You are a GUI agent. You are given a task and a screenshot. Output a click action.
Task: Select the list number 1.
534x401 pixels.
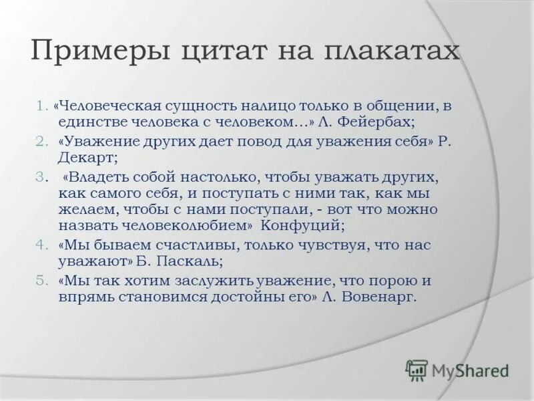tap(41, 106)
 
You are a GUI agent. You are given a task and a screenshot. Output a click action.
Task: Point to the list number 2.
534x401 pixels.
tap(41, 142)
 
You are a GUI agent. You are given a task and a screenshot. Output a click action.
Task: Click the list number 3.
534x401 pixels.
tap(41, 176)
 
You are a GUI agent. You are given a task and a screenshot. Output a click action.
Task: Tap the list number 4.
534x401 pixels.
tap(41, 245)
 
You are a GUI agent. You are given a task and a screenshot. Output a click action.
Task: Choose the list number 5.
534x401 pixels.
tap(41, 280)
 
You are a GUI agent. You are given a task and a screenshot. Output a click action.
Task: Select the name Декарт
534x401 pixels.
tap(86, 158)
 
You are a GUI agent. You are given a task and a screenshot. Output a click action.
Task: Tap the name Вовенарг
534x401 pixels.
tap(378, 296)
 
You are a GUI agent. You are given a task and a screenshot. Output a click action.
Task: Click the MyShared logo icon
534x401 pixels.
tap(417, 370)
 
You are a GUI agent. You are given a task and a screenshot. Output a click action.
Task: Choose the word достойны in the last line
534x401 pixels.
tap(248, 296)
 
